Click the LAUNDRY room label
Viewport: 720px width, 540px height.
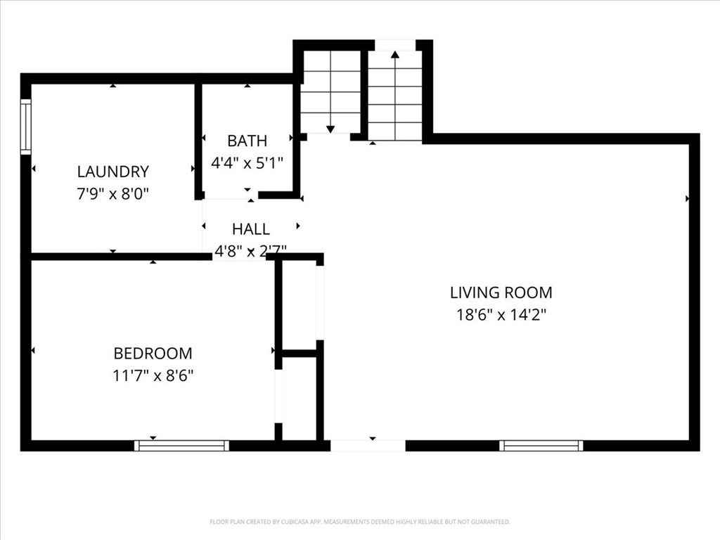pos(112,172)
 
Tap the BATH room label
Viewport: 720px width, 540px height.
pos(247,141)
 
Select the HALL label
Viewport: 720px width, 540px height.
pos(250,229)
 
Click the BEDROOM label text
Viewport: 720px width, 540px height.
pos(153,354)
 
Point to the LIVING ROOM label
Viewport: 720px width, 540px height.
pos(501,292)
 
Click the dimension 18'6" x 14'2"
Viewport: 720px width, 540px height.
pos(501,315)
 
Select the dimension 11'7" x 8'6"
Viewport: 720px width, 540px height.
pos(153,375)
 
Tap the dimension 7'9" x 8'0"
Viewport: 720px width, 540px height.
pos(112,193)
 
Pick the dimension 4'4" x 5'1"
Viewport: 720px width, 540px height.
pos(247,162)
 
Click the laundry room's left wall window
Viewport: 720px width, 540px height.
pos(26,127)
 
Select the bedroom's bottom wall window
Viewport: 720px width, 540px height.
pos(181,445)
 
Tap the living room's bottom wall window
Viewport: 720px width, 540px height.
pos(541,445)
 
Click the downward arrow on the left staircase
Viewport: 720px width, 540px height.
pos(330,128)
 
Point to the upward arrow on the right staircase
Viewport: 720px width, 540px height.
pos(395,54)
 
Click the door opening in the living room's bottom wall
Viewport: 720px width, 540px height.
pos(368,445)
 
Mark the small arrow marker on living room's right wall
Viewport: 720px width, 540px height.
pos(687,199)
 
